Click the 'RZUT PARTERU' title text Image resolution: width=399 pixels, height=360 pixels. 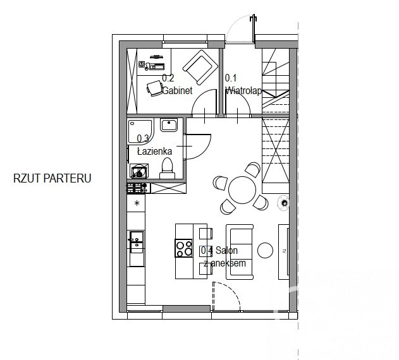click(x=52, y=178)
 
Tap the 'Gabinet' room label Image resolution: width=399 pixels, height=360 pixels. click(x=177, y=90)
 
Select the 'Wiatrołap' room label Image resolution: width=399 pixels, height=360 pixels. click(x=243, y=90)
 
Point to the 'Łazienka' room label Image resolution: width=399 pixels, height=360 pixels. click(x=154, y=152)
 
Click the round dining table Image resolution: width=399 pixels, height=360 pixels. click(x=242, y=190)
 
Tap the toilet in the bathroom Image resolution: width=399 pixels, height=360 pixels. click(x=167, y=168)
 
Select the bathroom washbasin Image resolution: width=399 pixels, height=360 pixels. click(x=169, y=124)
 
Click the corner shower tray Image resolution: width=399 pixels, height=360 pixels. click(x=140, y=131)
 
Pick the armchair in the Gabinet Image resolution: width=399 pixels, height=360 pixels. click(x=200, y=67)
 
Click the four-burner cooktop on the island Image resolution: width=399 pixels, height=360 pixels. click(x=184, y=248)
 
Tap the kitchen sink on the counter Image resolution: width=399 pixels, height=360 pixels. click(x=137, y=242)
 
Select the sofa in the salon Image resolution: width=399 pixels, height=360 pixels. click(x=240, y=252)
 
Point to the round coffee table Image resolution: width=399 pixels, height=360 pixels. click(x=265, y=250)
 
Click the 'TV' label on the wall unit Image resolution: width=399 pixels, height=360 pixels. click(x=285, y=251)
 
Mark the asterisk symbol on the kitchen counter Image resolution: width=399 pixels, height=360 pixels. click(x=137, y=203)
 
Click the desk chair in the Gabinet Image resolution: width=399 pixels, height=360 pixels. click(x=155, y=88)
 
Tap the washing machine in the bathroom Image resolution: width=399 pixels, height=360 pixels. click(x=139, y=171)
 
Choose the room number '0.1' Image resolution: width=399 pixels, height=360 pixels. click(x=231, y=78)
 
